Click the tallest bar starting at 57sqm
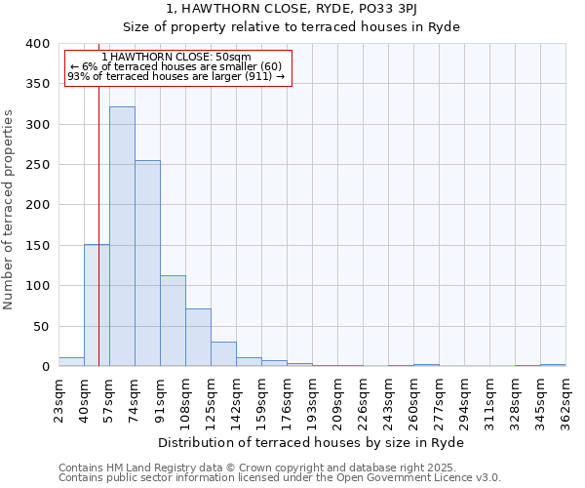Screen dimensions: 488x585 coord(122,236)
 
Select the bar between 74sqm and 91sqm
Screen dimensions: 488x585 coord(147,264)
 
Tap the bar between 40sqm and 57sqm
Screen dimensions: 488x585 coord(97,305)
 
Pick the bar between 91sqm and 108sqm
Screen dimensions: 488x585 coord(173,321)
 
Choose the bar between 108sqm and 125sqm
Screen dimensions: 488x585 coord(198,338)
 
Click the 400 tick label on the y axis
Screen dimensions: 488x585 coord(37,44)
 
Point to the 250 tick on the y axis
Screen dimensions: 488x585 coord(37,165)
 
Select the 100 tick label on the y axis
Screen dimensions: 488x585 coord(37,286)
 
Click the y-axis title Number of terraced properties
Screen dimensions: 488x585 coord(9,210)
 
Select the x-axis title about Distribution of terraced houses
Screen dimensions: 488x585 coord(310,443)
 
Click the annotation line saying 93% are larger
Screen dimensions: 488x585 coord(176,76)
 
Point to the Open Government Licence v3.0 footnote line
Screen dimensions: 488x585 coord(279,478)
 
